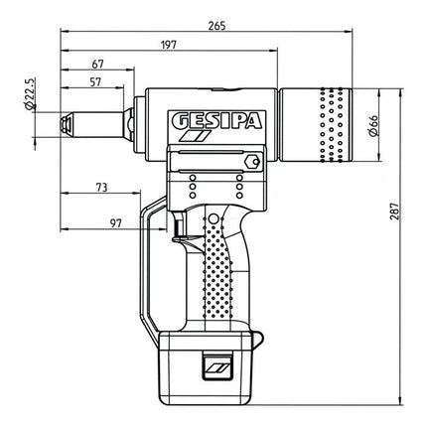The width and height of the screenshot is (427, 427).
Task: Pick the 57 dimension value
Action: point(94,83)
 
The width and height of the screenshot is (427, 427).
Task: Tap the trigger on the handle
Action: point(180,229)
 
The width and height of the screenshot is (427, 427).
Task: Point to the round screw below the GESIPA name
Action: point(252,159)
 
